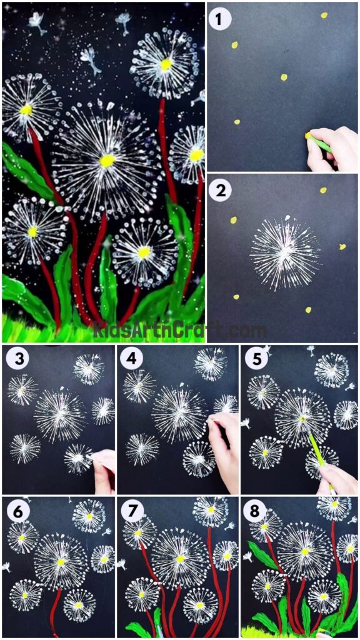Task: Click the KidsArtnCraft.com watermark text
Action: point(180,329)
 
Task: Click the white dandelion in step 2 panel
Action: point(285,253)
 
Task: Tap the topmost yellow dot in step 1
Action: point(324,15)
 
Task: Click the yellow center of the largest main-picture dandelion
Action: point(107,161)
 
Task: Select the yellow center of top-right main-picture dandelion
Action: point(166,64)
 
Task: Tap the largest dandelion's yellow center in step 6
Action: point(61,562)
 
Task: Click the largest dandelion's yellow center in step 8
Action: point(305,552)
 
